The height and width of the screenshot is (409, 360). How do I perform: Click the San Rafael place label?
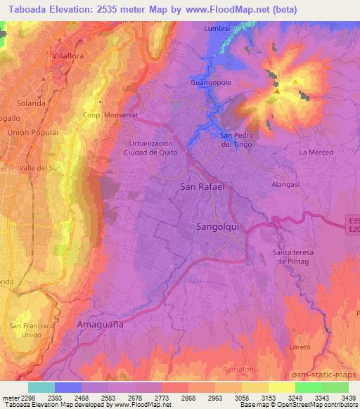(x=202, y=187)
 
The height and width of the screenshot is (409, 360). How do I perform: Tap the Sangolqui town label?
(x=217, y=228)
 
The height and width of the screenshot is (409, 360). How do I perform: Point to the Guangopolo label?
(x=210, y=82)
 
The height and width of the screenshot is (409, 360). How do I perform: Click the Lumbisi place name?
(x=217, y=29)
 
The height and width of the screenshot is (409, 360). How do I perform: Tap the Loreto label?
(x=300, y=347)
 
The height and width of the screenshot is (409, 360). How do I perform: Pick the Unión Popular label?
(x=30, y=131)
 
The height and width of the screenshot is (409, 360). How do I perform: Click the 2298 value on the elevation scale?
(x=27, y=398)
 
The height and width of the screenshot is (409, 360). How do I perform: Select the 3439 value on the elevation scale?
(x=348, y=398)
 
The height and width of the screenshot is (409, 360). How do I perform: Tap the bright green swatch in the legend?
(x=308, y=387)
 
